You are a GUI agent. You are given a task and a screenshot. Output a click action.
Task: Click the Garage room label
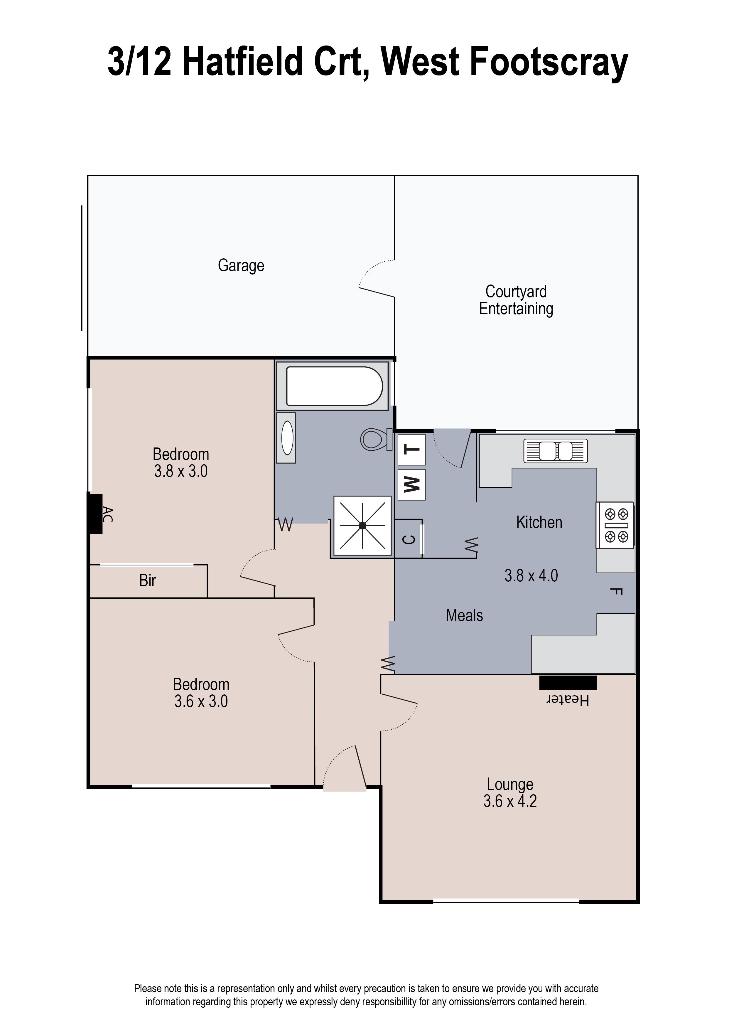point(241,265)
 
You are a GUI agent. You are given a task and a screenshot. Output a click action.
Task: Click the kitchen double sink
point(555,450)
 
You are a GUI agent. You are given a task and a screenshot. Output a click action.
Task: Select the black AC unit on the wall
point(95,513)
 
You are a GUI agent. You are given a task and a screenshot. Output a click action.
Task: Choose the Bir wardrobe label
point(147,580)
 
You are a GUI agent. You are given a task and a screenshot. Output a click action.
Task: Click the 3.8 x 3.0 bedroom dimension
point(180,471)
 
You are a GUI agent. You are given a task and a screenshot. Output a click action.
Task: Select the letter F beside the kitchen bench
point(616,591)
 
